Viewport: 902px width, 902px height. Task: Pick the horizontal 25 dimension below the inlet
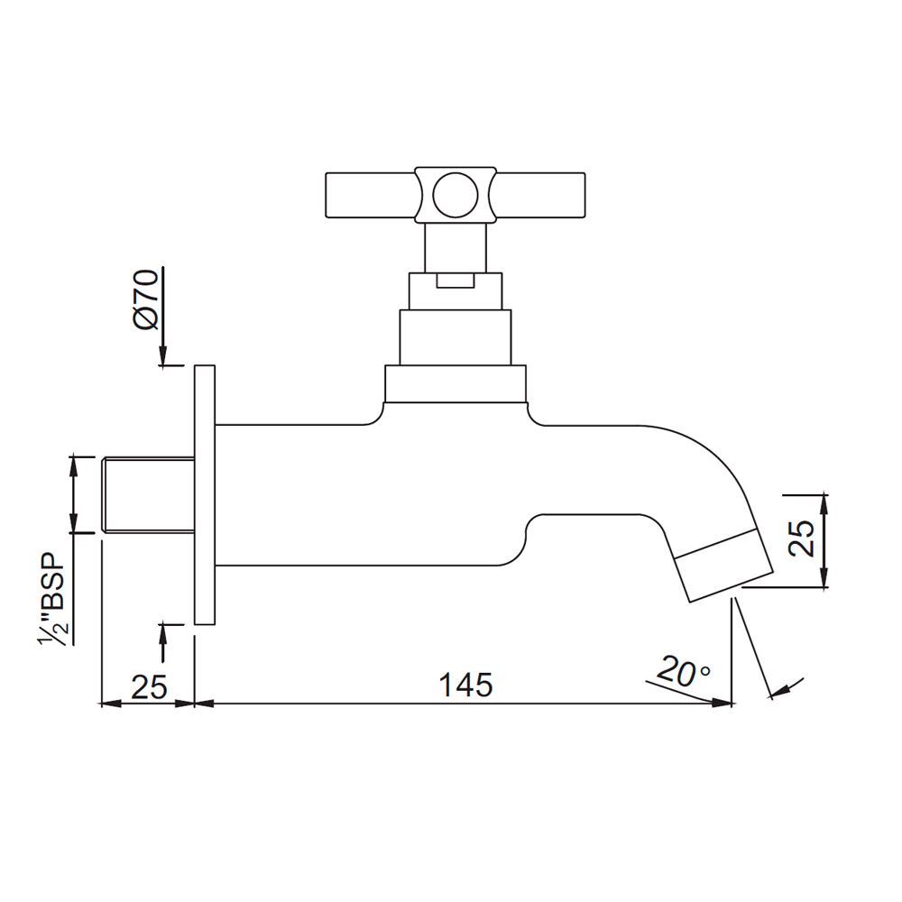150,686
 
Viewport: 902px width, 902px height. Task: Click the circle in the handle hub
451,194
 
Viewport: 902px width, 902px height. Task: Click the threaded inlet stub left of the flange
150,495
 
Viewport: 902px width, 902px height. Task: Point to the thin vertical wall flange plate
205,494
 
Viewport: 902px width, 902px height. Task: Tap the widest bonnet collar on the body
455,383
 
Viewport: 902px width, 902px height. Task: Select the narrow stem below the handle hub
455,246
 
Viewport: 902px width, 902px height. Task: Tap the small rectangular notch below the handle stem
455,281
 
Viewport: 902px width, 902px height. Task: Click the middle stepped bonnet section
455,336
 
